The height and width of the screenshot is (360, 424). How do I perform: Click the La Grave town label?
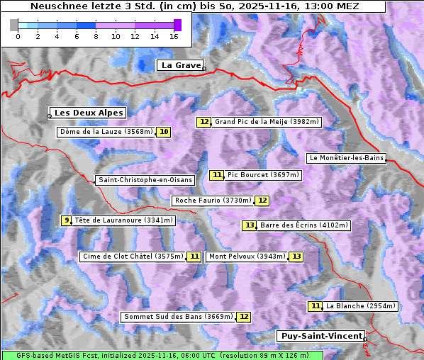tap(181, 65)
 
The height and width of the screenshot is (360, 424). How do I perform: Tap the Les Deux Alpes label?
tap(89, 113)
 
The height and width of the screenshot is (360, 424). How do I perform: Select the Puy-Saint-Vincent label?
tap(320, 336)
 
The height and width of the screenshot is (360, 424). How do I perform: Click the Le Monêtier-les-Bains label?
tap(346, 157)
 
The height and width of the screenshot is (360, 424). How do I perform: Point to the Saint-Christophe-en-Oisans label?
tap(145, 180)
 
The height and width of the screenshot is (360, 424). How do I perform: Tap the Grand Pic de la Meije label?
tap(267, 122)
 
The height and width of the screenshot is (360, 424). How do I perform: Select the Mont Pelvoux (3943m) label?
tap(247, 257)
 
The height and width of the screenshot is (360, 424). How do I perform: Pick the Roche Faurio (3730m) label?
tap(213, 201)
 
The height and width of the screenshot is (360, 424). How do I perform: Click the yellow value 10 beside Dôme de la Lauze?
tap(164, 132)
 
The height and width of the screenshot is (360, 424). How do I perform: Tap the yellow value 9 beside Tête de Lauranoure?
tap(67, 220)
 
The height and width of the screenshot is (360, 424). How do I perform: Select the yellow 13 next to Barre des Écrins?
tap(249, 225)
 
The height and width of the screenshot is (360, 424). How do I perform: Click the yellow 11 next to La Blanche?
tap(316, 306)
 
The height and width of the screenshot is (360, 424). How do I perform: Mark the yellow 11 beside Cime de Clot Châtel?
tap(194, 257)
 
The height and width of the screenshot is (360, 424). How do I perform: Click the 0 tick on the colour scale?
tap(18, 35)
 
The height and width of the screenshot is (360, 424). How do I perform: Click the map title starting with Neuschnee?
tap(194, 6)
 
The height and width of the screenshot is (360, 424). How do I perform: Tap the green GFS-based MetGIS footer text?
tap(162, 355)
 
